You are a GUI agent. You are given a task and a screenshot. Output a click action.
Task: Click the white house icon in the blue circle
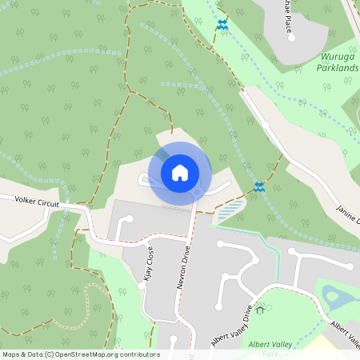(x=180, y=172)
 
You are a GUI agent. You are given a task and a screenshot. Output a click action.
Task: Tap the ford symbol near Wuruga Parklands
(x=222, y=26)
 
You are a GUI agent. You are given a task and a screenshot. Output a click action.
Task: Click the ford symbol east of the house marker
(x=259, y=186)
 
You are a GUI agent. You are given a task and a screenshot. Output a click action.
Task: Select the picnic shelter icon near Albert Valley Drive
(x=259, y=310)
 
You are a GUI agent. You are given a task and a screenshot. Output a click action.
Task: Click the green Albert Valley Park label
(x=269, y=345)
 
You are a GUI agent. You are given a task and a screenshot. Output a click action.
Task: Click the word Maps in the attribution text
(x=12, y=354)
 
